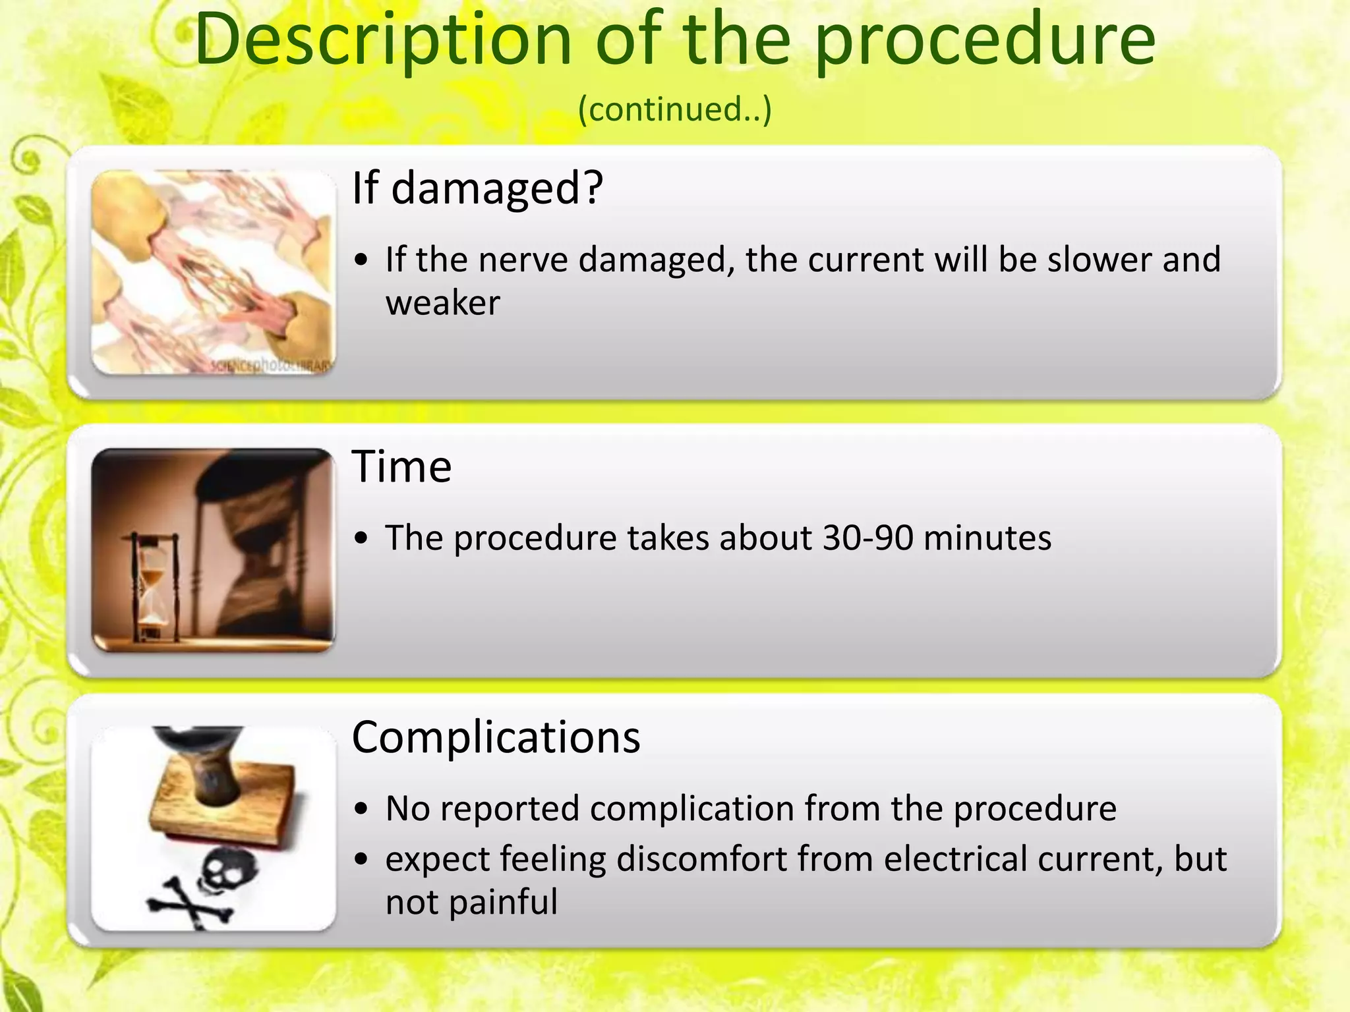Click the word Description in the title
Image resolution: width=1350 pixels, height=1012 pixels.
pos(382,41)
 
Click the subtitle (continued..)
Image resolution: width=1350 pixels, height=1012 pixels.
pos(674,109)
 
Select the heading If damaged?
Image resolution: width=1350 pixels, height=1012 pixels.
pos(477,188)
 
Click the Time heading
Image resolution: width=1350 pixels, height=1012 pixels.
pos(401,466)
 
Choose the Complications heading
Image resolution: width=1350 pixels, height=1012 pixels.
pos(496,737)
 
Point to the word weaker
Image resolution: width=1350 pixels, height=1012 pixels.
pos(442,303)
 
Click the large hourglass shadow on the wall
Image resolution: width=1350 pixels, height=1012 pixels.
pos(257,547)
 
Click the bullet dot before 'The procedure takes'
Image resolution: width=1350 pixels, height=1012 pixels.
pos(361,539)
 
